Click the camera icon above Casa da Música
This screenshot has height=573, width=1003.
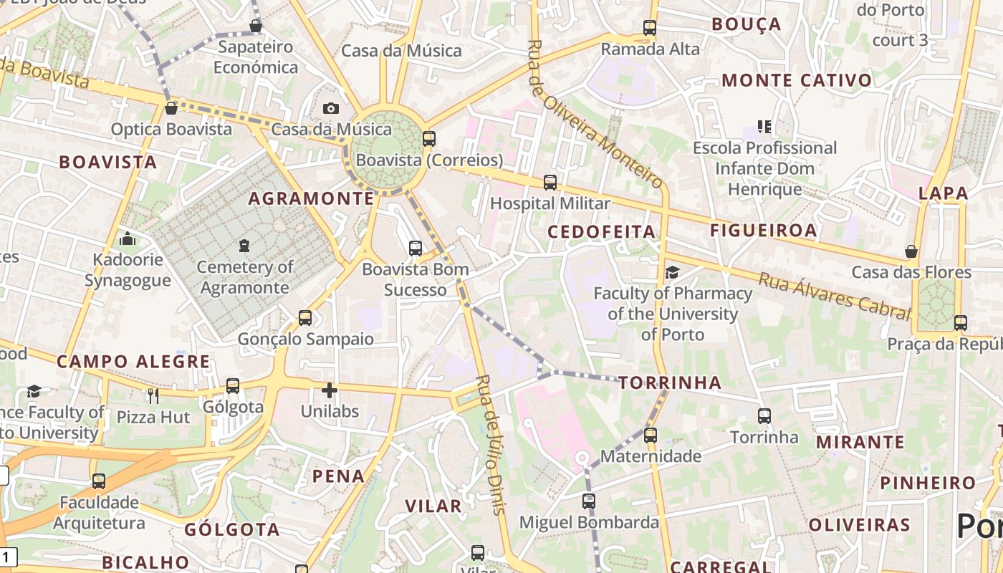pos(330,108)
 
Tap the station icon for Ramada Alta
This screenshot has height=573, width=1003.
pos(650,28)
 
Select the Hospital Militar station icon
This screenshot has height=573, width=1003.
pos(550,182)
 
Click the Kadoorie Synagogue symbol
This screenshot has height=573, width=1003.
pos(128,238)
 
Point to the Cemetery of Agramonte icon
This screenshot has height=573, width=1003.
pos(244,246)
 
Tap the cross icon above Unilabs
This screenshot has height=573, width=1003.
pos(329,390)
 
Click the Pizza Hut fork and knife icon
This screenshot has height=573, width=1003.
pos(153,395)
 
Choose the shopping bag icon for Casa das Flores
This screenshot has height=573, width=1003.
pos(911,251)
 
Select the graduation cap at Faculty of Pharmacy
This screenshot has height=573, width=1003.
pos(672,272)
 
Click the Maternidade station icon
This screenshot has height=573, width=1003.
pos(651,435)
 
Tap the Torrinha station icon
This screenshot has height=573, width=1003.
pos(764,415)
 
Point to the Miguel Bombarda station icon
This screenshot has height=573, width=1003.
pos(589,501)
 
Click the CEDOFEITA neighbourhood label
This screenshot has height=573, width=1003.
pos(602,231)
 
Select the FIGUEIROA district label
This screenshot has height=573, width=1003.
pos(764,230)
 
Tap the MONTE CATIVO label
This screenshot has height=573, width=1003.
pos(797,80)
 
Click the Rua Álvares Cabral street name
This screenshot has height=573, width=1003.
pos(835,294)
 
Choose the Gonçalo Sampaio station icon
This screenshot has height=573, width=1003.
pos(305,317)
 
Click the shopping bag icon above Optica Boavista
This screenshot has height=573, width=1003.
pos(171,108)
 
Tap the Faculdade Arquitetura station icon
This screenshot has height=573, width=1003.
pos(99,481)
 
